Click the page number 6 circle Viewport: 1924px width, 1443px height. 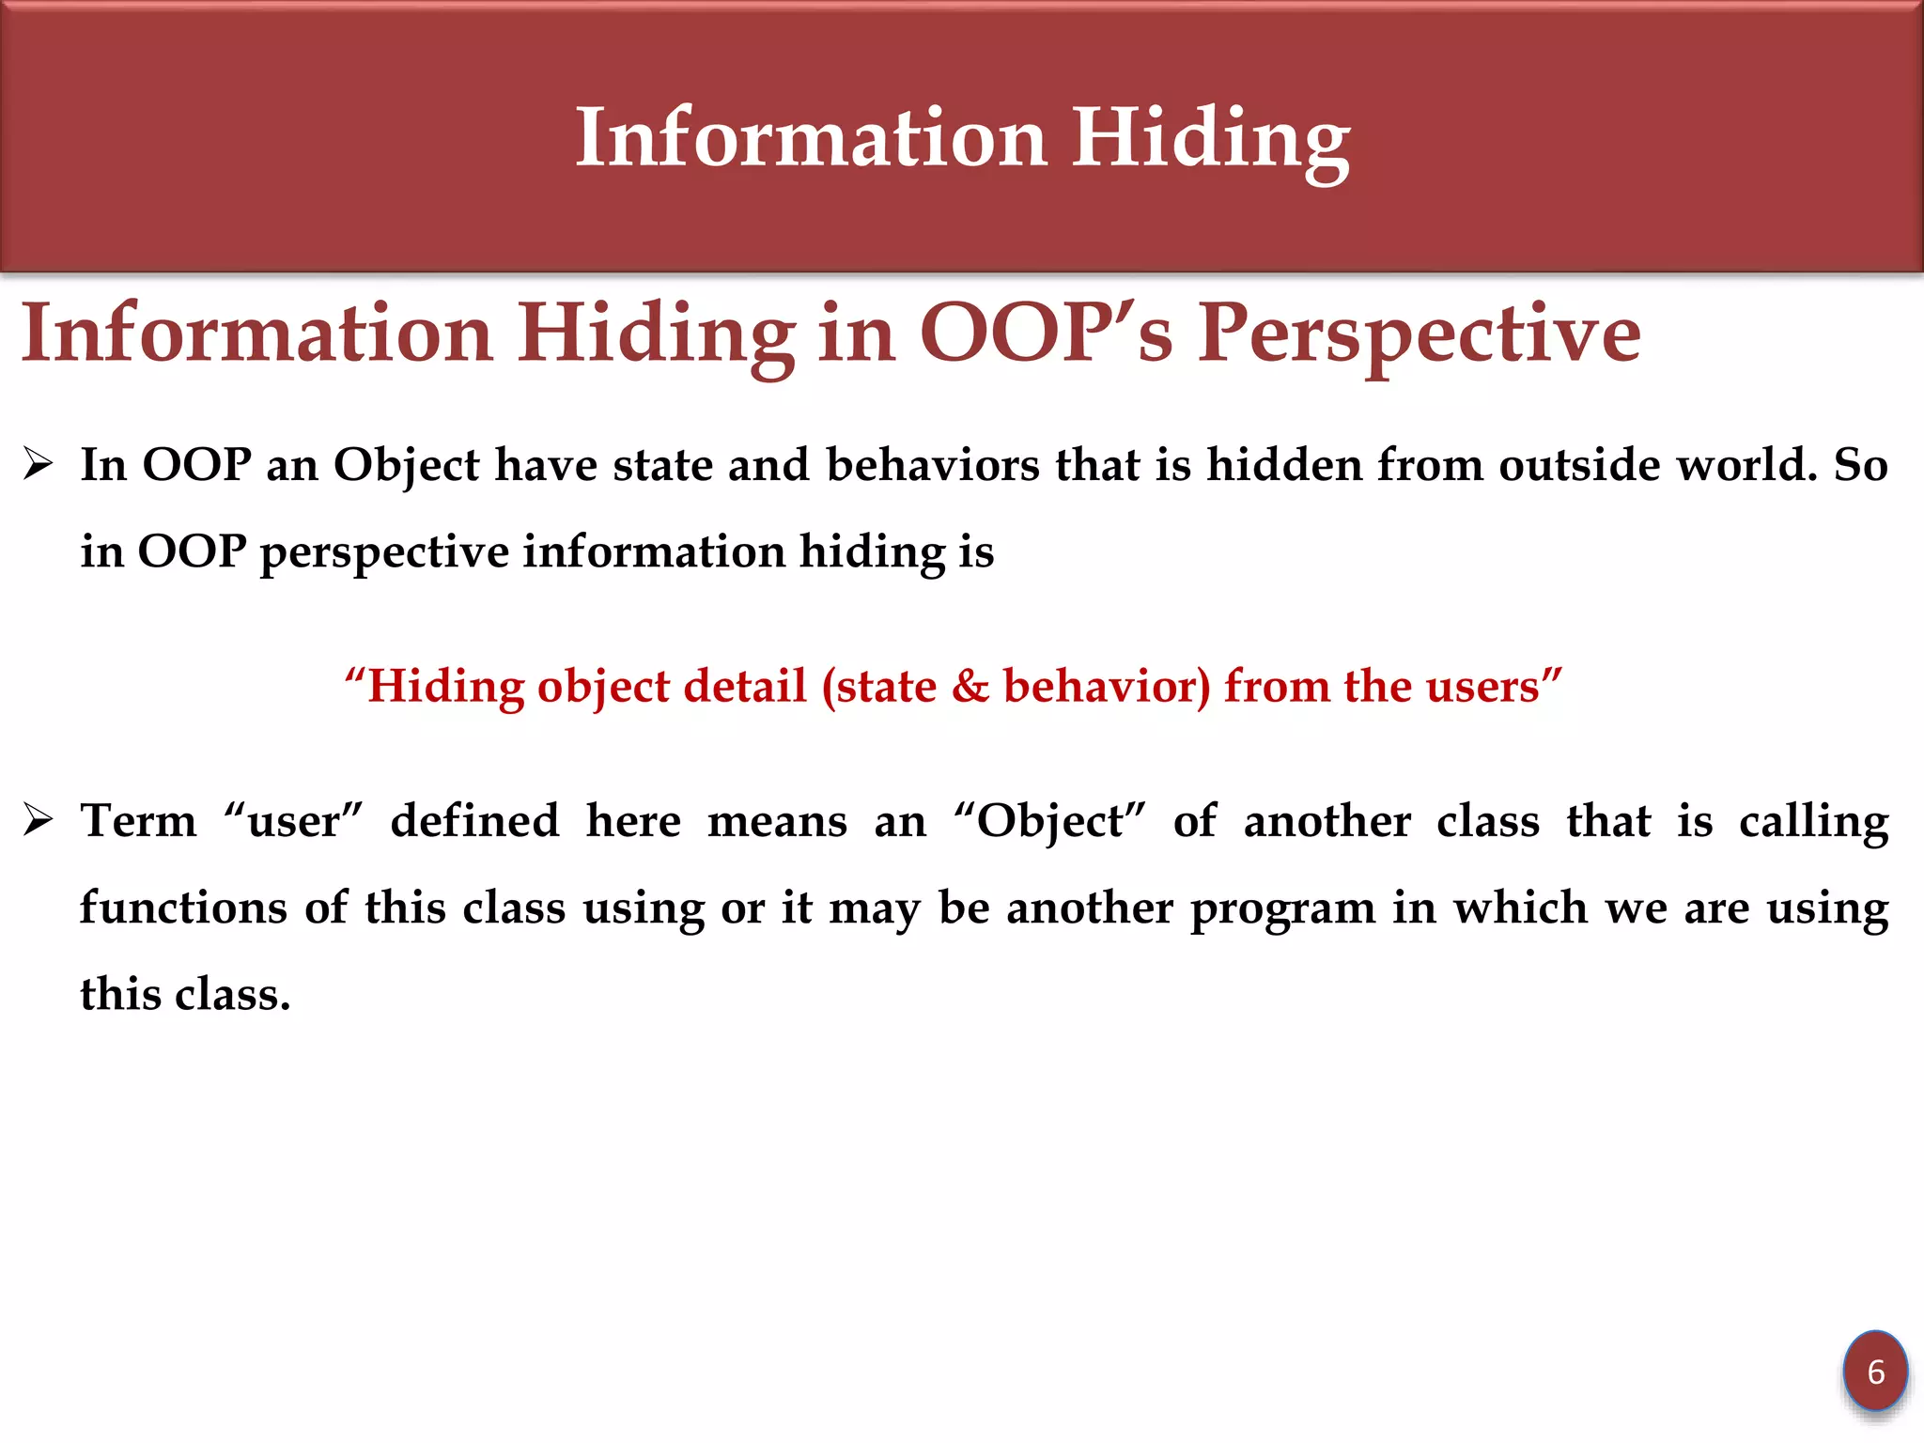[1875, 1372]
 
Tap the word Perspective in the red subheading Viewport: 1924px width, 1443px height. [1419, 334]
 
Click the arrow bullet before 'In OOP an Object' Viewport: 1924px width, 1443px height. [39, 464]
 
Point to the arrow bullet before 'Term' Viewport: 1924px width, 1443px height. [39, 820]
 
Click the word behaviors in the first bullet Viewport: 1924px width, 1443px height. [932, 465]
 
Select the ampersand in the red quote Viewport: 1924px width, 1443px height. [970, 686]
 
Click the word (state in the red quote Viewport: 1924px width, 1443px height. [878, 687]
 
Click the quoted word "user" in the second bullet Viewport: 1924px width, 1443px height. [293, 821]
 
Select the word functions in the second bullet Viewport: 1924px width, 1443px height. [183, 908]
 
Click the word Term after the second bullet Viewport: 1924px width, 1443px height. [139, 821]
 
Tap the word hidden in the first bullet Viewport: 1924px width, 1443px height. [1283, 465]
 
